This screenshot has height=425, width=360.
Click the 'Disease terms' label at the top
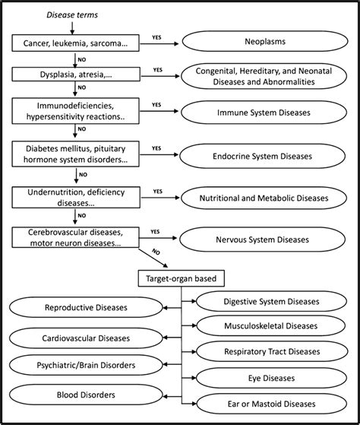pos(72,14)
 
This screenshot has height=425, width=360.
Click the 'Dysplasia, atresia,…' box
pos(74,75)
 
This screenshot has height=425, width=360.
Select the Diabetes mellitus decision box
pos(74,157)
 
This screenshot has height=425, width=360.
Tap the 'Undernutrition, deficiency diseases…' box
pos(74,198)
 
